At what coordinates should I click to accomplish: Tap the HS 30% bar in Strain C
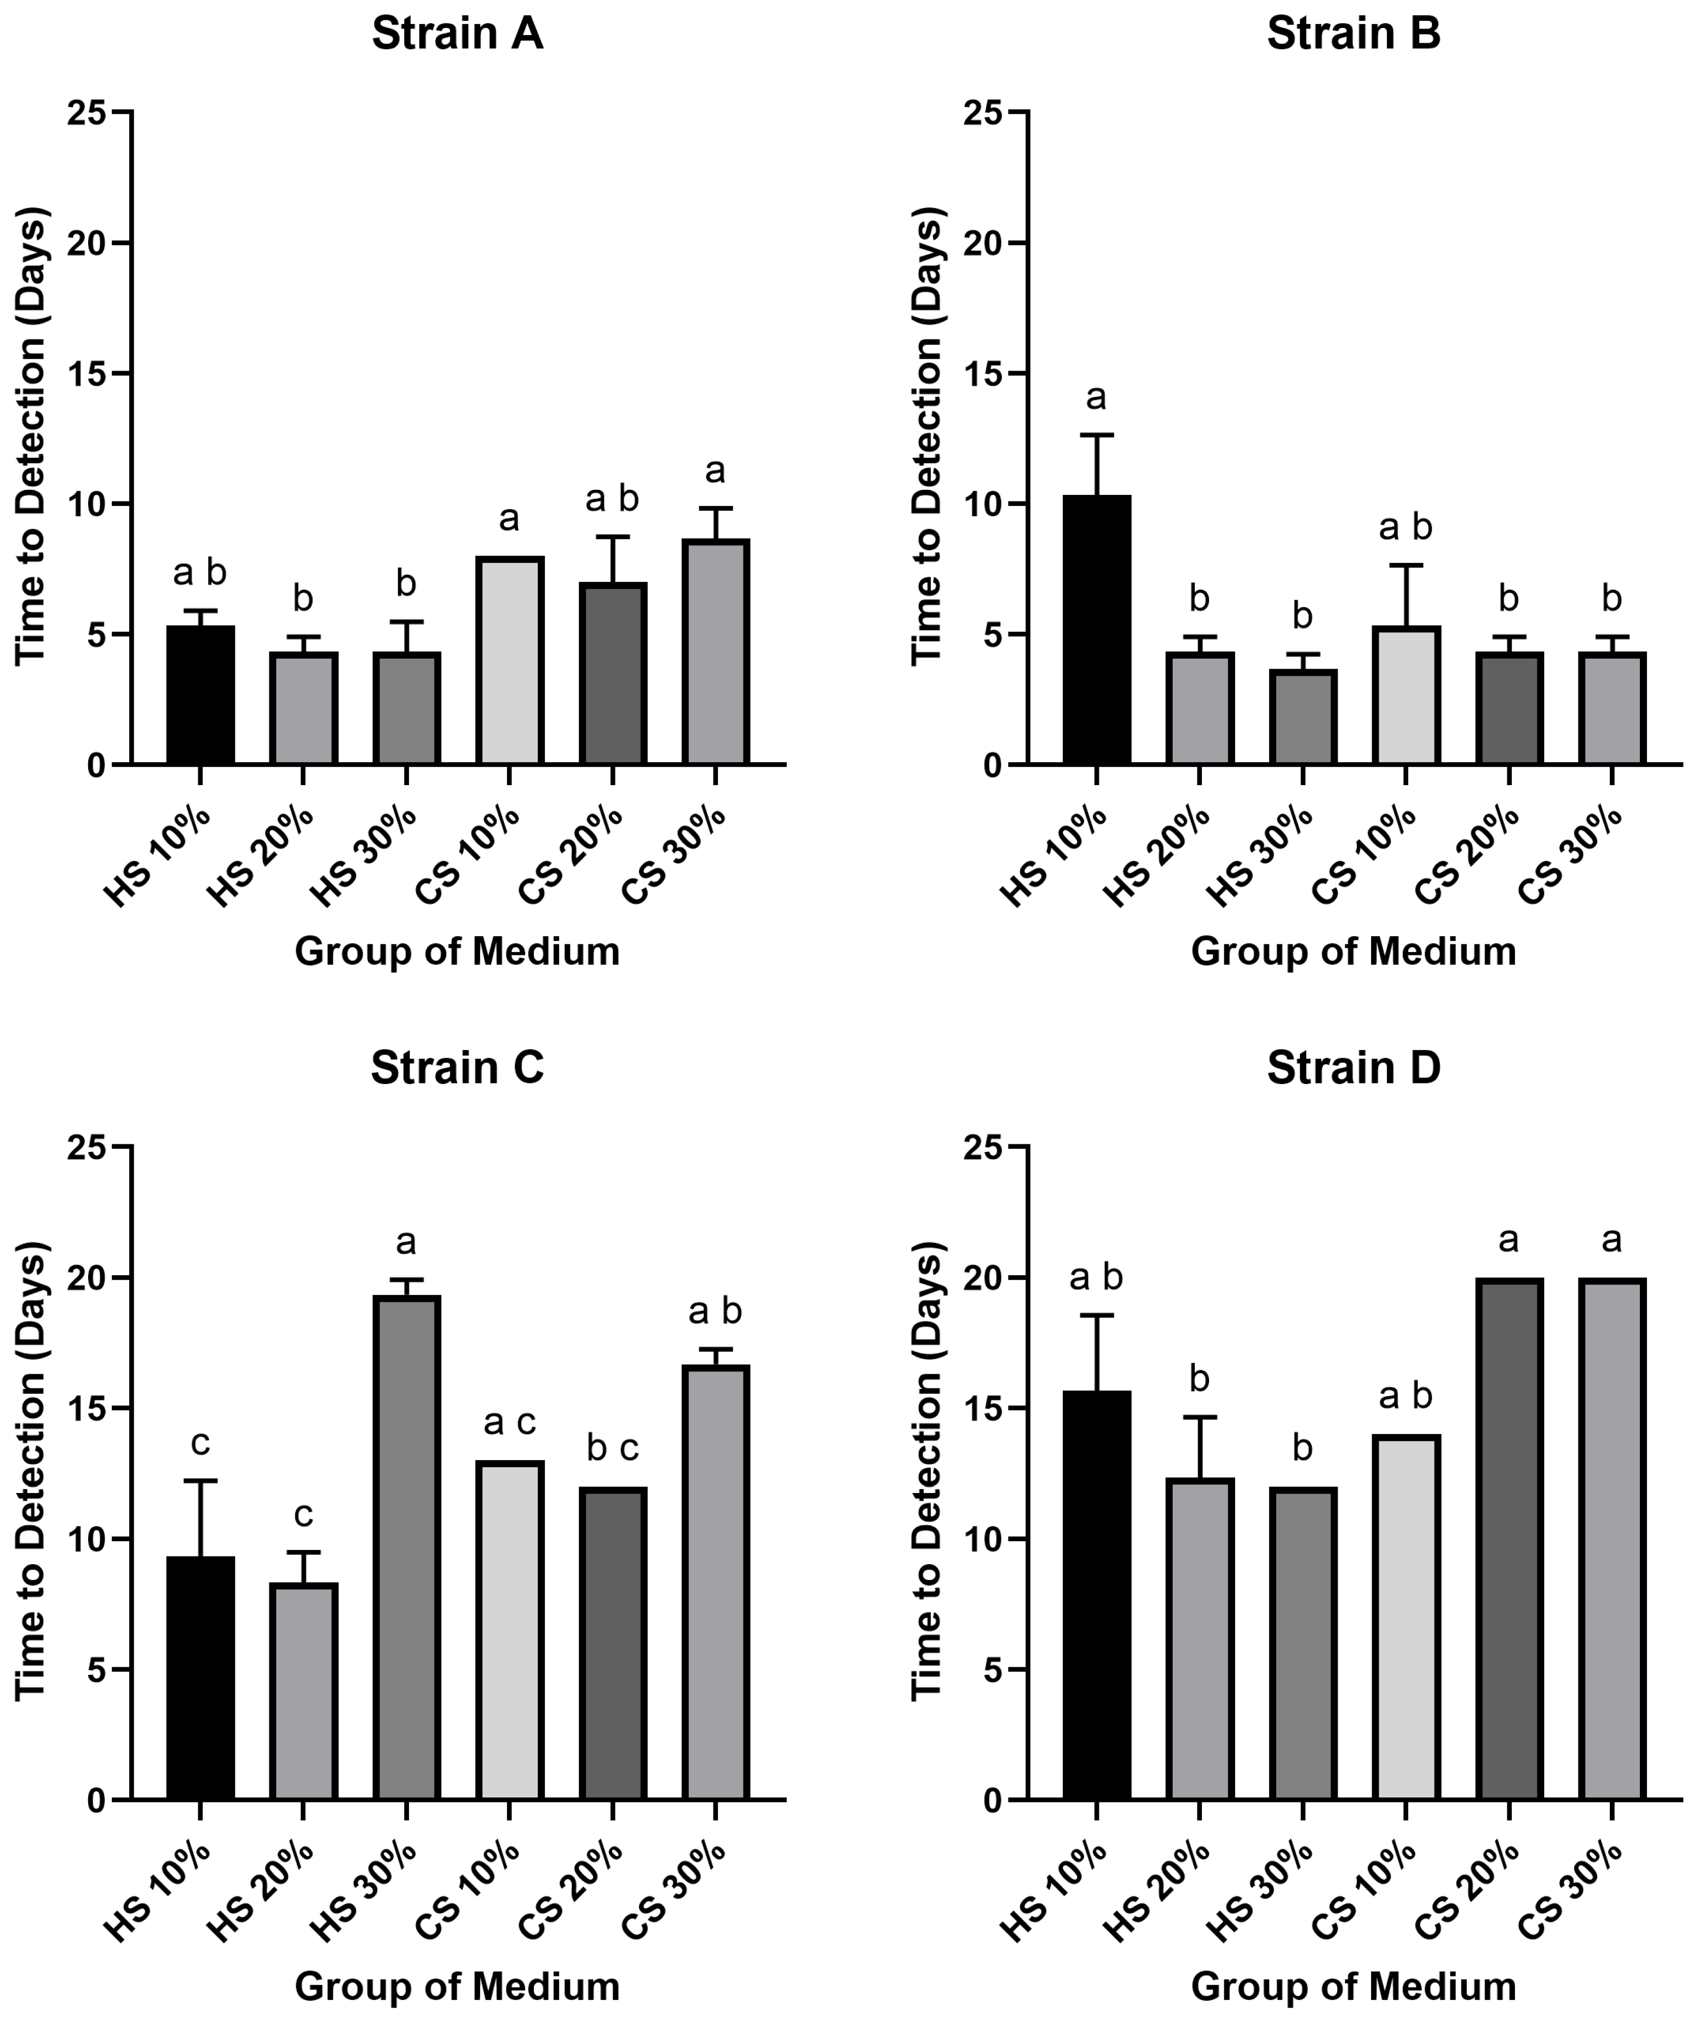(406, 1546)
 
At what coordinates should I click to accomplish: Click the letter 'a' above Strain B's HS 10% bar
(1096, 397)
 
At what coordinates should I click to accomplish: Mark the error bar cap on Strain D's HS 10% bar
(1096, 1315)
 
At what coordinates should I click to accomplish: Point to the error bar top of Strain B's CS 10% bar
(1405, 566)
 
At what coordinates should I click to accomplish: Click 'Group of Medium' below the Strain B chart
(1353, 952)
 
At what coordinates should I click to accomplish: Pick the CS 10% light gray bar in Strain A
(509, 661)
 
